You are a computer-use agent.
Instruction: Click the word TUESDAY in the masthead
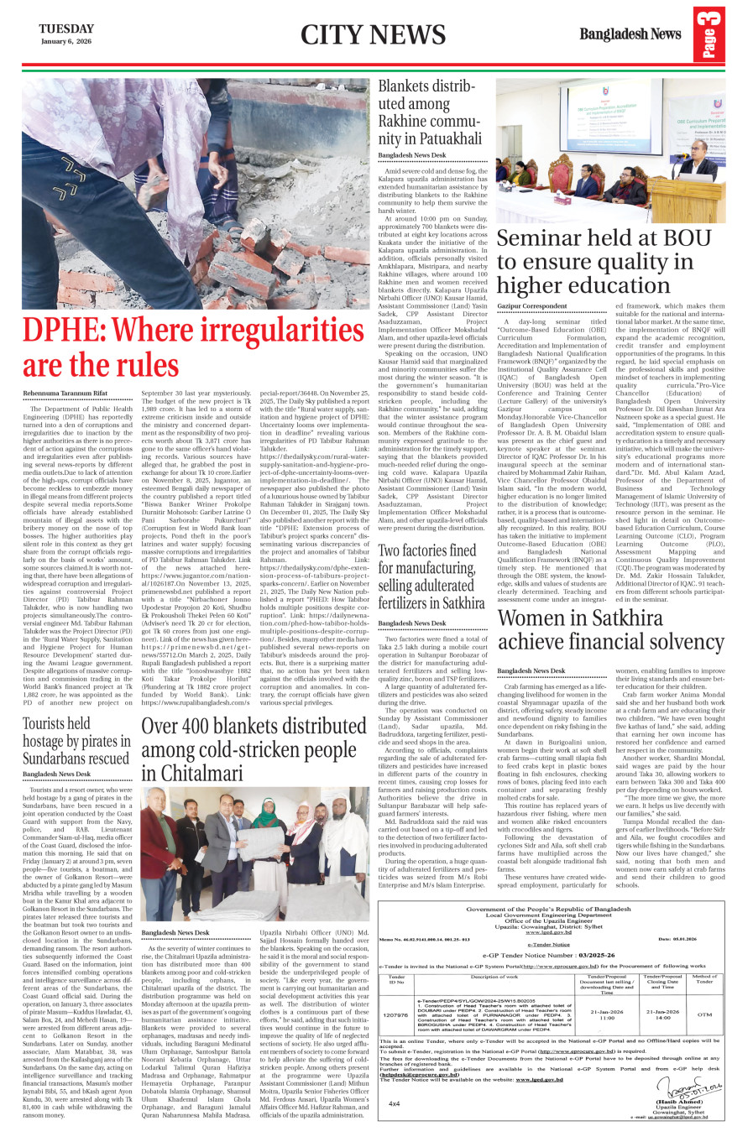(x=66, y=29)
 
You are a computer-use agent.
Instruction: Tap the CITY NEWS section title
(x=373, y=34)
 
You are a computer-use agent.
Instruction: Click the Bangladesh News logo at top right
(x=630, y=34)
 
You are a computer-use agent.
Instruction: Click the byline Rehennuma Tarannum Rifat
(x=65, y=393)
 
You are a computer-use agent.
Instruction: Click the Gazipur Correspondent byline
(x=531, y=306)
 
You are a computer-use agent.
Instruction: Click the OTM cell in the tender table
(x=705, y=1014)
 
